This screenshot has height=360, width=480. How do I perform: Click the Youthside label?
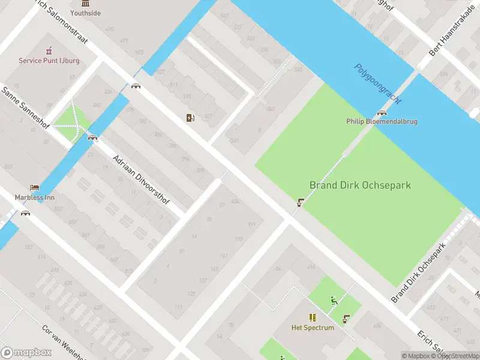point(85,13)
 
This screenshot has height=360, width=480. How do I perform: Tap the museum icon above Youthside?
point(85,3)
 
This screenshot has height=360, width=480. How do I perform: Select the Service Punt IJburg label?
point(49,61)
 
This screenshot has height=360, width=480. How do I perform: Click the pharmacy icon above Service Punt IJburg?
point(49,50)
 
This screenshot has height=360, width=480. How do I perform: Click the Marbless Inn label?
point(34,197)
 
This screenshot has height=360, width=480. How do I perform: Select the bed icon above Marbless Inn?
point(34,187)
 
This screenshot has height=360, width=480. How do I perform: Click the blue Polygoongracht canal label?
point(377,84)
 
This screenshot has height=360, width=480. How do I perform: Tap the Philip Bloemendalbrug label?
point(382,121)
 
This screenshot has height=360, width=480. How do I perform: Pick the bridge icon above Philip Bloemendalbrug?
point(382,112)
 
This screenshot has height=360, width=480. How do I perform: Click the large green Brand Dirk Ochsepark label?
point(360,185)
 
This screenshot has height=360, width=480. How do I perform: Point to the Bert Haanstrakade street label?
point(452,35)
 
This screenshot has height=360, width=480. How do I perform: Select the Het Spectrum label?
point(313,328)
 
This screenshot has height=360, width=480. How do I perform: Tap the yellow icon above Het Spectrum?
point(313,317)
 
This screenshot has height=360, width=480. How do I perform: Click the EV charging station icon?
point(190,118)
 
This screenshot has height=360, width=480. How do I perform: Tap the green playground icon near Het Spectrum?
point(334,301)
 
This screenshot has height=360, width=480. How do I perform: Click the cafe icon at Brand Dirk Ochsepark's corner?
point(299,203)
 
